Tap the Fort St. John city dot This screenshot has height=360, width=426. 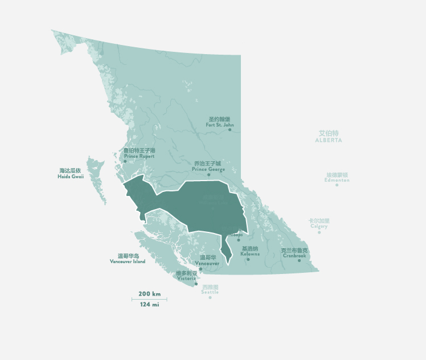click(x=230, y=130)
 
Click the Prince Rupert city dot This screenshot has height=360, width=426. click(x=125, y=161)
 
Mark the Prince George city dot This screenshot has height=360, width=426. click(x=208, y=174)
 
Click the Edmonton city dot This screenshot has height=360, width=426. click(x=337, y=185)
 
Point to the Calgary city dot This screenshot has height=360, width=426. click(x=319, y=232)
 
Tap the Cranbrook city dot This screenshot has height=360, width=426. click(x=299, y=260)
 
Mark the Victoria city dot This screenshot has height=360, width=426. click(x=196, y=284)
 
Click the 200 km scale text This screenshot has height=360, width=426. click(x=149, y=294)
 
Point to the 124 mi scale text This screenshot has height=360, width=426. click(x=149, y=305)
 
